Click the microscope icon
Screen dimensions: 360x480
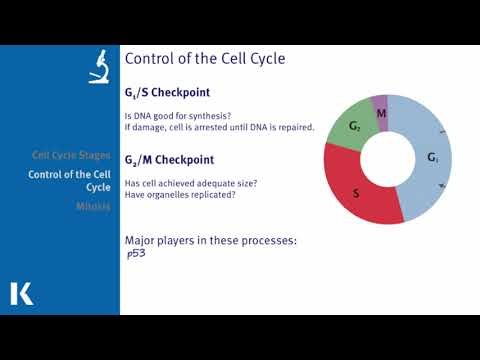click(x=99, y=66)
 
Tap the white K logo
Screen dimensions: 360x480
click(x=21, y=293)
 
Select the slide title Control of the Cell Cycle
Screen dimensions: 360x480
click(x=205, y=59)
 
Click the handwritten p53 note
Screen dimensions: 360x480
click(x=137, y=254)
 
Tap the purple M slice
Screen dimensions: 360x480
click(x=380, y=112)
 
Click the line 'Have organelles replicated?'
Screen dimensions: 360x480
click(x=180, y=194)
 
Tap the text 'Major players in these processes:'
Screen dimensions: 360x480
click(x=210, y=241)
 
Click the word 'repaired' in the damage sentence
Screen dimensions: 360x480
click(x=294, y=127)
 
